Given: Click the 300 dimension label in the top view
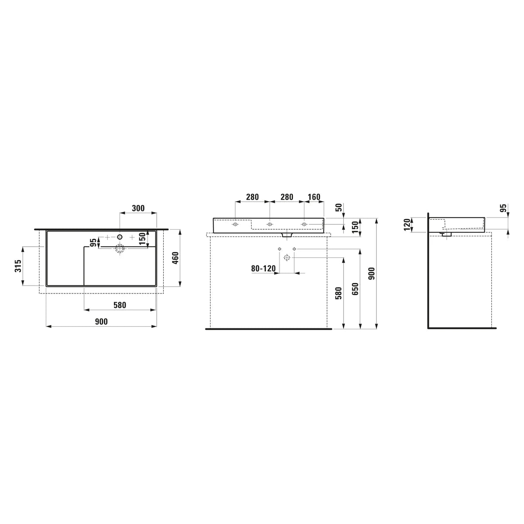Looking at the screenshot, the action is coord(138,208).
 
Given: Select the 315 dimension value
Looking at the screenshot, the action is coord(18,265).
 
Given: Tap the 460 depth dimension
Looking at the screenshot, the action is coord(176,258).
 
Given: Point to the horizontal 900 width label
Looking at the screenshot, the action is coord(101,322).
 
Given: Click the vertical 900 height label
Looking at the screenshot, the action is coord(372,273).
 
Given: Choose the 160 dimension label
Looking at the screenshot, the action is coord(314,197).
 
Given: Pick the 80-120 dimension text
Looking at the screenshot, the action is coord(263,269).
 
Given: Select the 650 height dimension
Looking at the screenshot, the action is coord(355,289).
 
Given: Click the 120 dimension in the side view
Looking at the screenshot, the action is coord(407,224).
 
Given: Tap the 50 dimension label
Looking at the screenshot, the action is coord(339,207).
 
